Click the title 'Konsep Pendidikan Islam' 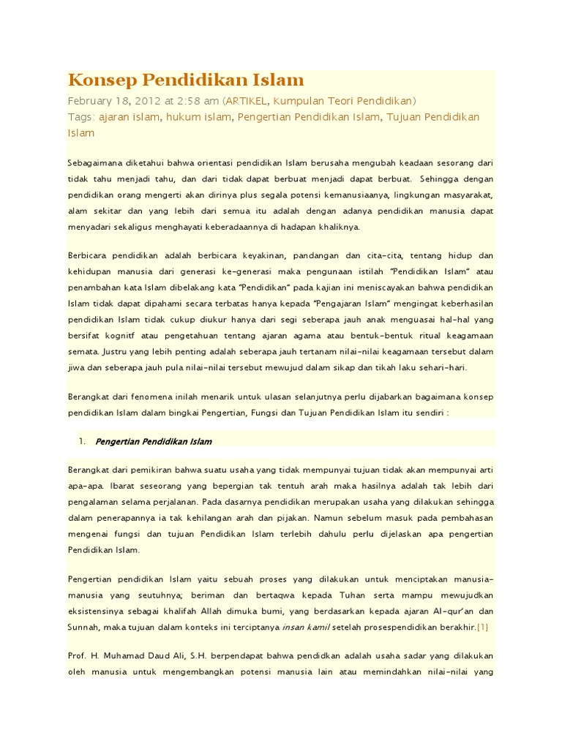point(186,80)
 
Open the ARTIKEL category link point(247,101)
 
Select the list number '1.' point(81,441)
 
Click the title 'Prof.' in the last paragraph point(78,657)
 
